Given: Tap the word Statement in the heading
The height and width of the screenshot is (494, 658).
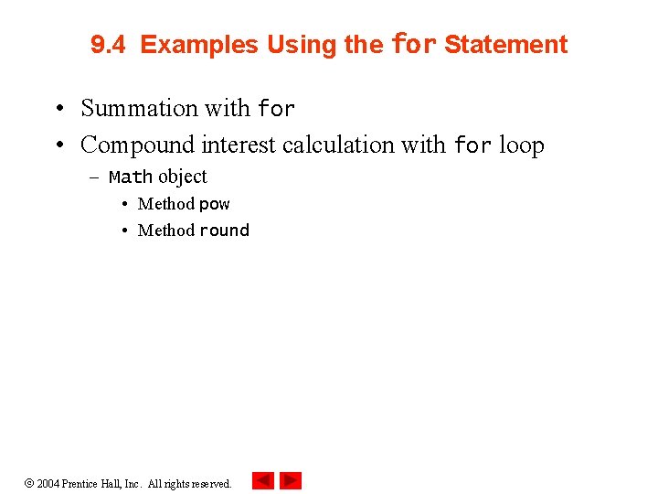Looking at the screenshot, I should pyautogui.click(x=505, y=45).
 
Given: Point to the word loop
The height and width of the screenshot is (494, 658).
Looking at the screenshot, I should pyautogui.click(x=522, y=145).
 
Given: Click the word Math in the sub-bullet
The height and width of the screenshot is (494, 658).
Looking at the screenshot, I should pyautogui.click(x=130, y=177).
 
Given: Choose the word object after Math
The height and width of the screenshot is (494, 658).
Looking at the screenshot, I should pyautogui.click(x=183, y=177).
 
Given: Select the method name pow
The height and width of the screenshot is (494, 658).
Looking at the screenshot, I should pyautogui.click(x=215, y=204).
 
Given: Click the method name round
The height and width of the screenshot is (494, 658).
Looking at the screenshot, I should pyautogui.click(x=224, y=231).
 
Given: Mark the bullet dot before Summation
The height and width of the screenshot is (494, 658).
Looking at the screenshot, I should pyautogui.click(x=58, y=109).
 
